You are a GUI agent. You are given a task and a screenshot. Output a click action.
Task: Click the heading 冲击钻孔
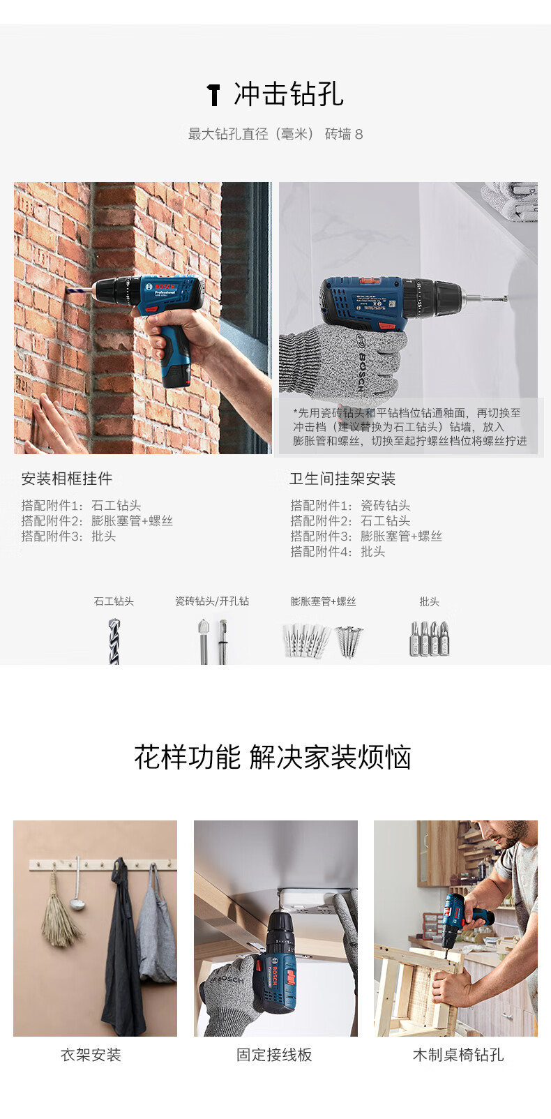point(288,94)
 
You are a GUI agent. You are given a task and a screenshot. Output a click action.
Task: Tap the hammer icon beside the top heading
point(213,94)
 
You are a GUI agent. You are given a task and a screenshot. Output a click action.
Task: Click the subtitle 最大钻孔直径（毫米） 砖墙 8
point(275,134)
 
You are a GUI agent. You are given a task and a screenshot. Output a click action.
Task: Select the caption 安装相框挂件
point(67,479)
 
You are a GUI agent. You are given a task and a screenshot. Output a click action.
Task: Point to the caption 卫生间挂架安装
point(342,479)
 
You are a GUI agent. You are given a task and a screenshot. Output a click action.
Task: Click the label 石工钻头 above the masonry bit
point(114,601)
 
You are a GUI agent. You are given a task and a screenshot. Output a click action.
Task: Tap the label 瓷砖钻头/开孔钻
point(212,601)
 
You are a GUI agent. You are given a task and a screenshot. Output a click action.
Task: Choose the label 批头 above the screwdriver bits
point(429,601)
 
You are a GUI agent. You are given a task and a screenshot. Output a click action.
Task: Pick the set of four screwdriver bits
point(430,639)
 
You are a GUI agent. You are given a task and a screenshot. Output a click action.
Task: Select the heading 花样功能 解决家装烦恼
point(273,757)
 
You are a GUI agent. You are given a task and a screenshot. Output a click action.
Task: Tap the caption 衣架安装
point(91,1055)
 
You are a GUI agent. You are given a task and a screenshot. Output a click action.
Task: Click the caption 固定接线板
point(274,1055)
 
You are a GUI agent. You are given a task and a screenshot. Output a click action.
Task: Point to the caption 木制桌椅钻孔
point(458,1055)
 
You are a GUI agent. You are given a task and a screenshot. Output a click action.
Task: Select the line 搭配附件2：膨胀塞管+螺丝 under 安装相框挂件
point(97,521)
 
